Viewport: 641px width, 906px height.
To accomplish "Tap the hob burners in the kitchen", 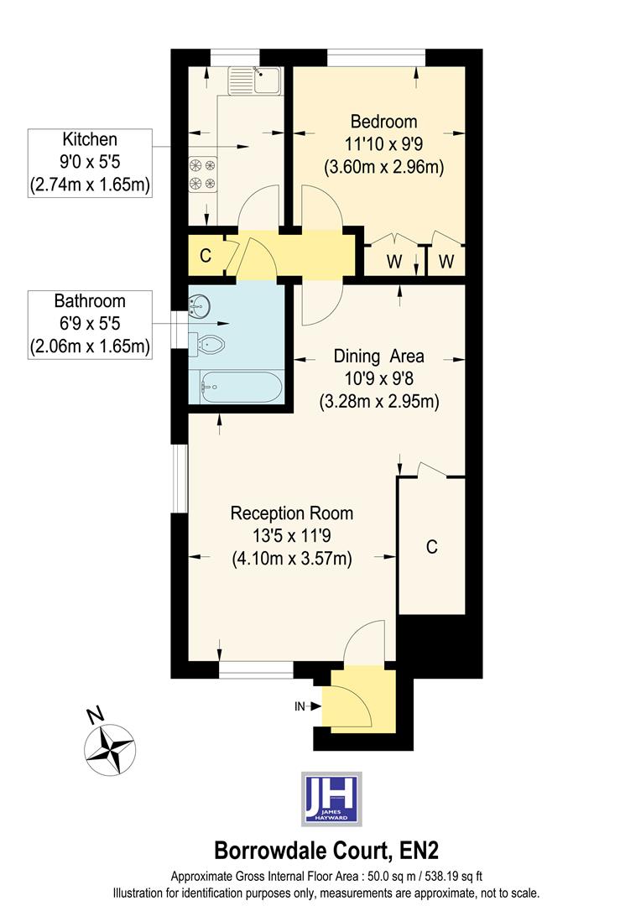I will point(201,174).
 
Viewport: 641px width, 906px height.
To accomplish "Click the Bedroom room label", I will point(384,122).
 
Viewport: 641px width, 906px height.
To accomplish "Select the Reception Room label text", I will point(291,513).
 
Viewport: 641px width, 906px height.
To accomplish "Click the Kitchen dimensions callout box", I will point(90,163).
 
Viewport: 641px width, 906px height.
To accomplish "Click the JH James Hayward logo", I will point(331,798).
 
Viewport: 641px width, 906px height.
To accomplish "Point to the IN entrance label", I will point(300,706).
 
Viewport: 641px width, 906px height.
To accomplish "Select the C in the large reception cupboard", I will point(431,547).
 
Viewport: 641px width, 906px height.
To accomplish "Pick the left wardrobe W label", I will point(393,261).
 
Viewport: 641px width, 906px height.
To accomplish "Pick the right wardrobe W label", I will point(446,261).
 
